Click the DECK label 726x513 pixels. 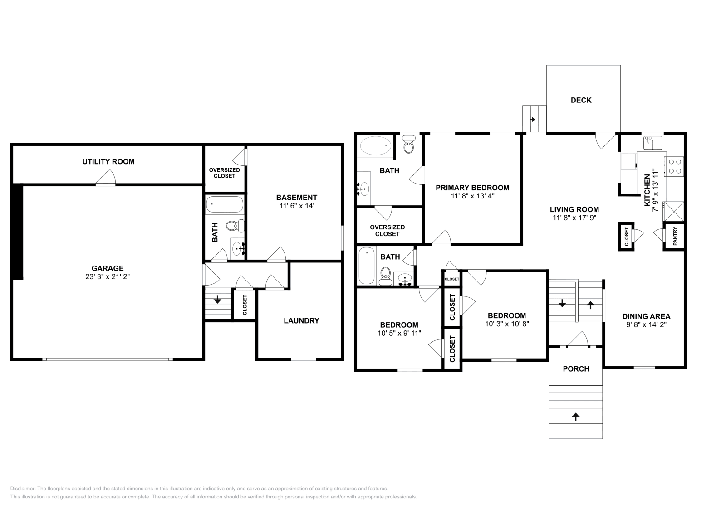click(x=581, y=100)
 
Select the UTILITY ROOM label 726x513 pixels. click(x=108, y=161)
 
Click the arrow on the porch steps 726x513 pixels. click(x=576, y=416)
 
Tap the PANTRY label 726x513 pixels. click(x=675, y=236)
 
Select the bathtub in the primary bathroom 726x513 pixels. click(x=375, y=145)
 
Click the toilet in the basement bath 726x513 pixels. click(x=234, y=225)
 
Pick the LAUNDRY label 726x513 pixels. click(x=301, y=320)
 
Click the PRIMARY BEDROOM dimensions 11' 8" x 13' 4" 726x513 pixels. click(x=472, y=196)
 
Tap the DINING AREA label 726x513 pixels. click(x=646, y=316)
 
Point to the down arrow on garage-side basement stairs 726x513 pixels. click(x=217, y=299)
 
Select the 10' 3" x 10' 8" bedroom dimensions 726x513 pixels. click(x=507, y=324)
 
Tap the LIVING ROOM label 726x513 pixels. click(x=574, y=209)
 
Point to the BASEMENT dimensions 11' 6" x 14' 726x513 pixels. click(x=297, y=206)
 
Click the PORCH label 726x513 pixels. click(x=576, y=369)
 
